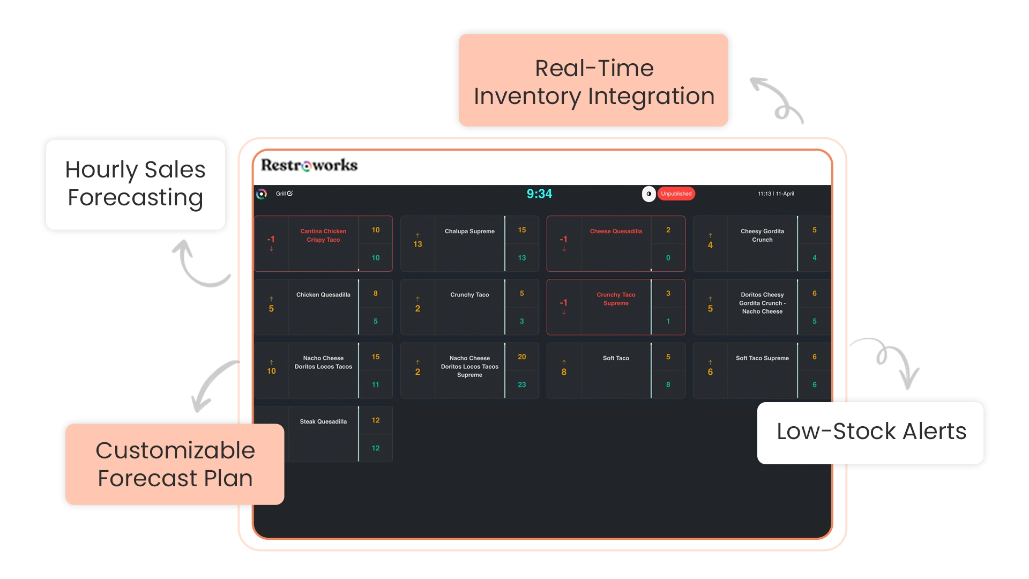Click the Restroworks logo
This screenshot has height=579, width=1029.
click(309, 165)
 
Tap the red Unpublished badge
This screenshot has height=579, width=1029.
click(676, 194)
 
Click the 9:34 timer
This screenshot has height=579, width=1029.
click(539, 194)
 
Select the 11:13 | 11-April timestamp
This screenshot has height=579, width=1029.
click(776, 194)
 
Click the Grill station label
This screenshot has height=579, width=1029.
click(281, 194)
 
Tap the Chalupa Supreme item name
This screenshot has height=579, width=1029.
click(469, 232)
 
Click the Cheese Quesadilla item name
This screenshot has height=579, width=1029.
click(616, 232)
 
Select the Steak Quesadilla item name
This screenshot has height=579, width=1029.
click(323, 422)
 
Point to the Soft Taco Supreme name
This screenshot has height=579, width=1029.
click(762, 358)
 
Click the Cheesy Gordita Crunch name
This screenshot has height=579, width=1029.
click(762, 236)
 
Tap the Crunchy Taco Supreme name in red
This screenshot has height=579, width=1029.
click(616, 299)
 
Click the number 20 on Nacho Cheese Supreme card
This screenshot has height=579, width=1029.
click(521, 357)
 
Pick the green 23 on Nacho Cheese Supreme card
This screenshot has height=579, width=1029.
click(521, 385)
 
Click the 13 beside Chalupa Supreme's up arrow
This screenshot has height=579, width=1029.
click(417, 244)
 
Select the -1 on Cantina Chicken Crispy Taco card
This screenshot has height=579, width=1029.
click(271, 240)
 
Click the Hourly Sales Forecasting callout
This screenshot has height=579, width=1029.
click(135, 184)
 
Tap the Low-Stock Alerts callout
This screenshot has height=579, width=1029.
click(871, 432)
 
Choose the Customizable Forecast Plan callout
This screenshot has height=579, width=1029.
click(175, 464)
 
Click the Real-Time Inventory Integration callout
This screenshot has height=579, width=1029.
click(594, 82)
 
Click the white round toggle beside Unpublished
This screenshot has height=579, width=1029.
click(648, 194)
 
